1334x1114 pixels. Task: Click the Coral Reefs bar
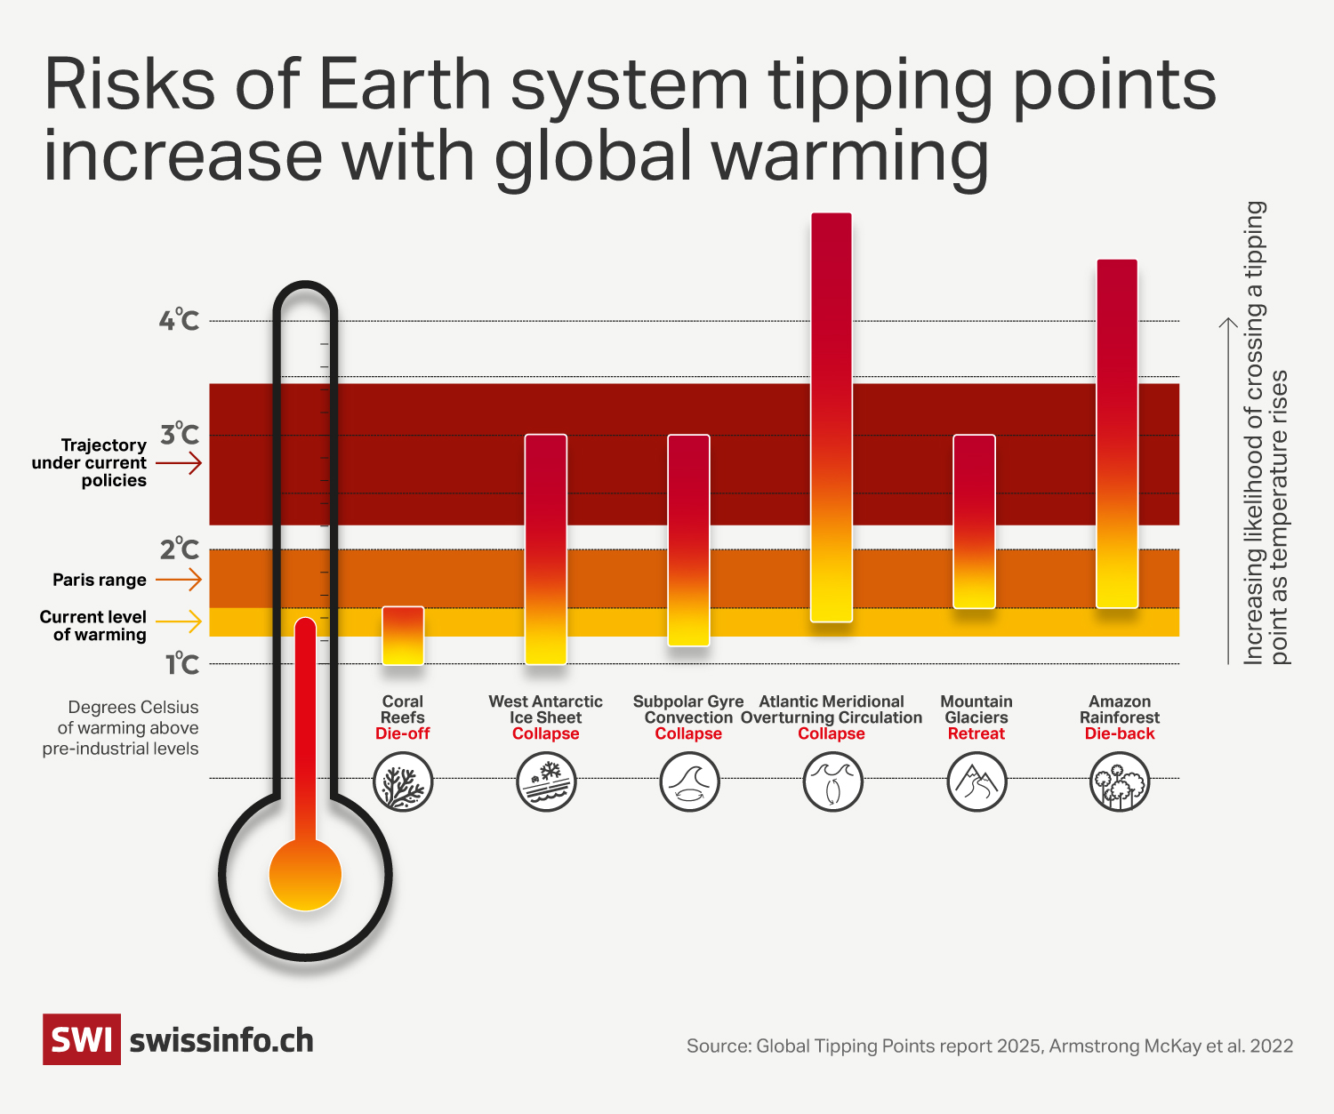point(403,636)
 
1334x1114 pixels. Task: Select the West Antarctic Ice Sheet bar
point(545,549)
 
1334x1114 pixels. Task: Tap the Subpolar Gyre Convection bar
point(688,540)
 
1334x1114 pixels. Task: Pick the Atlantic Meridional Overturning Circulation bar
point(832,417)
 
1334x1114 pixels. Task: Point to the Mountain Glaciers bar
point(975,521)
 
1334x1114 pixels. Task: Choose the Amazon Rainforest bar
point(1117,434)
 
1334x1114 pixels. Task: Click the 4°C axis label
point(179,320)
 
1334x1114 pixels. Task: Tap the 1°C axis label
point(181,664)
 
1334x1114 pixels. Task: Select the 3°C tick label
point(179,435)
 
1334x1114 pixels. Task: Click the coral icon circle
point(403,781)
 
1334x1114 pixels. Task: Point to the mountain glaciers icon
point(976,781)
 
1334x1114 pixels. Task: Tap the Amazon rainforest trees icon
point(1120,781)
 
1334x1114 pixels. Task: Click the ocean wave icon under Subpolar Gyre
point(689,781)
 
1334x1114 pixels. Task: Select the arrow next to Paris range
point(179,580)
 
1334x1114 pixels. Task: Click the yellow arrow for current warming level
point(179,621)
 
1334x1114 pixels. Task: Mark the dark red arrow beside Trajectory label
point(179,462)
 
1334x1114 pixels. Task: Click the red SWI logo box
point(82,1039)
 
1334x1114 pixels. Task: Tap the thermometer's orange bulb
point(305,875)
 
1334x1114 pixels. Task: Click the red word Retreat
point(976,733)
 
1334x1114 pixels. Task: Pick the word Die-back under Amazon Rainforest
point(1120,733)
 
